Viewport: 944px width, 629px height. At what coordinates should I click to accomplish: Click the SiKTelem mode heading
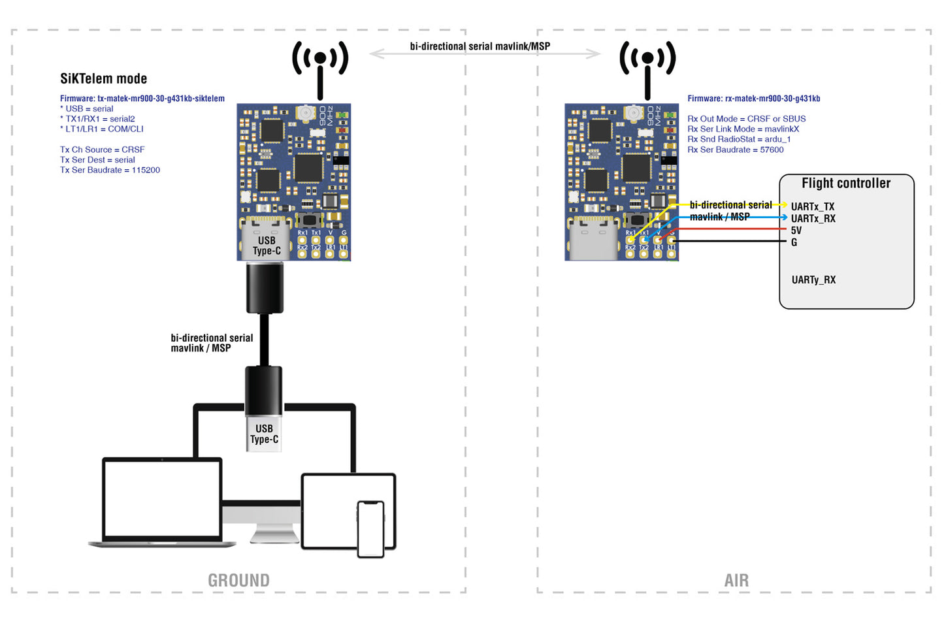point(103,79)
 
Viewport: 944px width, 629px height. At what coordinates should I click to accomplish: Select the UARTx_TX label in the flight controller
point(812,206)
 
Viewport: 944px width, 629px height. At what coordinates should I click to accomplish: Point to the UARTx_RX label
point(813,218)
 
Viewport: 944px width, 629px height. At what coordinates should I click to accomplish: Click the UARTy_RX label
point(813,280)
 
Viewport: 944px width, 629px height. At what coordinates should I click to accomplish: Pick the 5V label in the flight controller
point(796,230)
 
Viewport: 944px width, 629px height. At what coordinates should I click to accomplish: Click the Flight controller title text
point(845,184)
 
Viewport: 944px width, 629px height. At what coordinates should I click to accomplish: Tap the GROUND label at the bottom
point(238,580)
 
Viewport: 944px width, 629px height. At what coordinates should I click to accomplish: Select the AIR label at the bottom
point(736,580)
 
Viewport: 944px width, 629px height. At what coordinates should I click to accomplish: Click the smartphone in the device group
point(370,528)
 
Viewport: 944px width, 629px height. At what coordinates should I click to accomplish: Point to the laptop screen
point(162,499)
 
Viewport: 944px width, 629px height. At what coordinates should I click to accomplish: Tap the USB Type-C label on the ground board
point(267,246)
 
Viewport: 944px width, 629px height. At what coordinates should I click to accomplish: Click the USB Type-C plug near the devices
point(264,434)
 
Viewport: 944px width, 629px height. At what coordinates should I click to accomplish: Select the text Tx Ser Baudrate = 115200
point(110,170)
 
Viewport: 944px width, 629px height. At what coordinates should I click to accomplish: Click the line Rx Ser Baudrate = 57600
point(735,150)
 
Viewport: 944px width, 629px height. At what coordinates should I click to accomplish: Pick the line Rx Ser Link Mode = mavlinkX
point(743,129)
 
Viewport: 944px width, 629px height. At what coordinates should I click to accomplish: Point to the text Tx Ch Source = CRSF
point(102,150)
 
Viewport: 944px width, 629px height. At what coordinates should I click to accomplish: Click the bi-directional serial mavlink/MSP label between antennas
point(480,46)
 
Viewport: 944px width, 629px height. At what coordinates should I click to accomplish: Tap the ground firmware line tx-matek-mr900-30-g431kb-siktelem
point(142,99)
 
